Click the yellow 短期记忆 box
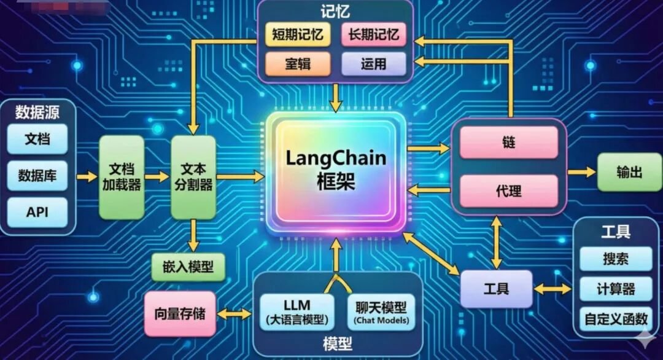point(298,34)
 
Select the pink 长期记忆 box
point(374,34)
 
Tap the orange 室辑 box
point(298,64)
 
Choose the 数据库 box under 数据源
point(37,176)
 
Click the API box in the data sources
point(37,212)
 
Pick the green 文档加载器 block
point(122,177)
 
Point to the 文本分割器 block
point(193,177)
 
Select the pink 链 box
point(509,142)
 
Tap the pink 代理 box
point(509,191)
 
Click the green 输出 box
point(629,172)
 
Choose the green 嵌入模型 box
point(188,267)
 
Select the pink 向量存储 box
point(180,313)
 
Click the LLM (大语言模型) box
point(297,312)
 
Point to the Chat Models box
point(381,312)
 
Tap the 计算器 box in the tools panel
point(616,289)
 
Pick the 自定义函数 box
point(616,319)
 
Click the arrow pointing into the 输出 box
point(582,172)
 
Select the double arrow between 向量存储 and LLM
point(235,314)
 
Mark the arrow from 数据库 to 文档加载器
point(88,176)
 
